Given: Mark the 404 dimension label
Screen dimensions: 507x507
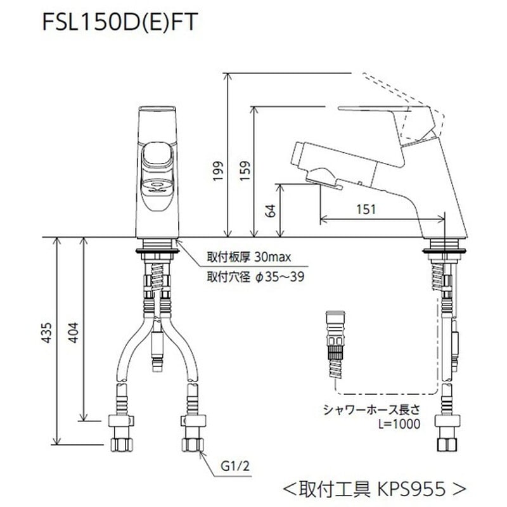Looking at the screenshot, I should click(x=74, y=330).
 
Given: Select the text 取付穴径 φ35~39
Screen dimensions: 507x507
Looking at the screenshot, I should click(x=250, y=277).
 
